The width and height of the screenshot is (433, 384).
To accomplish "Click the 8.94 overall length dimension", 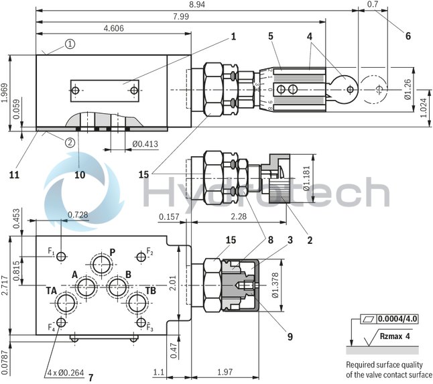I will tap(198, 5).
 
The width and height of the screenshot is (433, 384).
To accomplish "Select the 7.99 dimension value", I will tap(180, 17).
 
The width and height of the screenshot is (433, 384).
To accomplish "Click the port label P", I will tap(113, 253).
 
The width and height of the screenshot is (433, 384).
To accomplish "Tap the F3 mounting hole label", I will tap(151, 328).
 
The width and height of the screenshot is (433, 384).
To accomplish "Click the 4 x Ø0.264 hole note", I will tap(66, 373).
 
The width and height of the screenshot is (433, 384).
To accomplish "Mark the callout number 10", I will tap(80, 175).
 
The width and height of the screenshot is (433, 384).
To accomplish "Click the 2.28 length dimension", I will tap(239, 216).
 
